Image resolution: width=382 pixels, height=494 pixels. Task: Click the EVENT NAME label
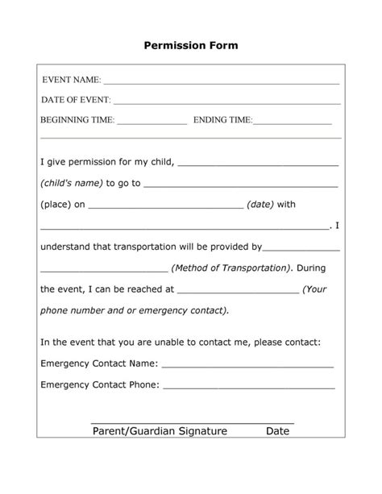[71, 81]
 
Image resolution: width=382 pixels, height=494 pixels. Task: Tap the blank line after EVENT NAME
[222, 83]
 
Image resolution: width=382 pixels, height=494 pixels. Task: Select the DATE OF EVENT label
[76, 101]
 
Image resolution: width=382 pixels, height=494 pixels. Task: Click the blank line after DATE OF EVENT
[226, 103]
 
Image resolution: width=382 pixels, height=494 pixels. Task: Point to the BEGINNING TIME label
[78, 121]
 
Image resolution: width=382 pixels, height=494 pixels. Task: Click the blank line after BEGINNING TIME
[152, 123]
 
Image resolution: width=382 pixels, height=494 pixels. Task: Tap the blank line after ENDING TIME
[293, 123]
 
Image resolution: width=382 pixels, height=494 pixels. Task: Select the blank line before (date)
[165, 207]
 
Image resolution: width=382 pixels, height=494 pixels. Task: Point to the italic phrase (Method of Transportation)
[231, 268]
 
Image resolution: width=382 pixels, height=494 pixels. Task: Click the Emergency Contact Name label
[98, 363]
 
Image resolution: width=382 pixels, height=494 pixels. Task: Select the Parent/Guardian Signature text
[160, 431]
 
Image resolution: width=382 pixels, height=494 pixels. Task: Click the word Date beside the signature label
[277, 431]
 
